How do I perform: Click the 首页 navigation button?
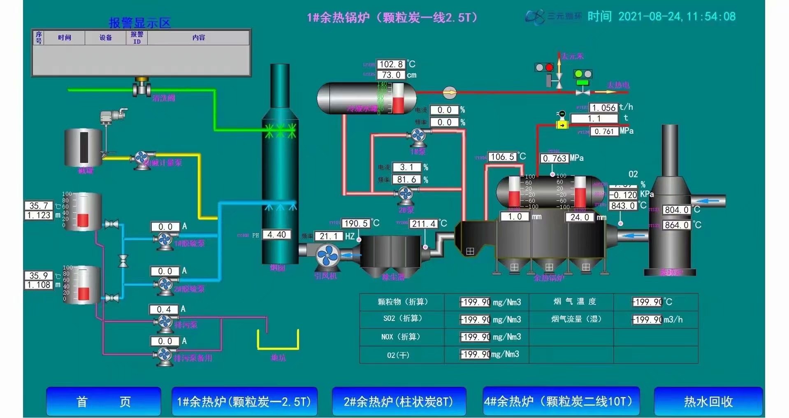tap(103, 401)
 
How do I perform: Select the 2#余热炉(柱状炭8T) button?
tap(399, 401)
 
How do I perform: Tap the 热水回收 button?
tap(708, 401)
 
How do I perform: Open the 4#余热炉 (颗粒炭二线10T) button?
tap(561, 401)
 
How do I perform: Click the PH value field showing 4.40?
tap(276, 235)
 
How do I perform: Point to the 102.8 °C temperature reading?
tap(391, 64)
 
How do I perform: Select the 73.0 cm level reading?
tap(391, 75)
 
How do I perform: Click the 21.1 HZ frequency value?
tap(328, 236)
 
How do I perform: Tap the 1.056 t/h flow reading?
tap(603, 108)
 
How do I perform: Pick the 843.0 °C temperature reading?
tap(623, 205)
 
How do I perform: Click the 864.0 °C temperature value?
tap(676, 225)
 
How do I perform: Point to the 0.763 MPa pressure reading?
tap(554, 158)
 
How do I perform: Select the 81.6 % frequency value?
tap(406, 179)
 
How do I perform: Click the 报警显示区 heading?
tap(139, 23)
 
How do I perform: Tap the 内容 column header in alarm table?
tap(198, 37)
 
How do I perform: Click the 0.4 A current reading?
tap(164, 309)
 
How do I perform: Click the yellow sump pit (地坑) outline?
tap(278, 340)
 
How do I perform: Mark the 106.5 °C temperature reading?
tap(502, 157)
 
